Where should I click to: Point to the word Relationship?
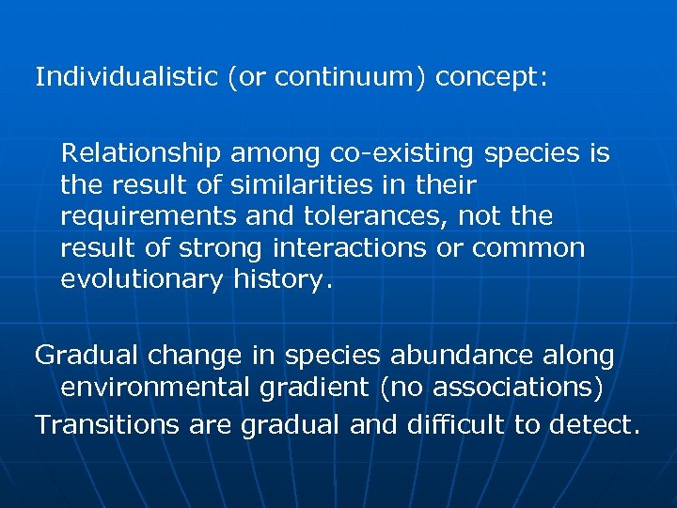[141, 152]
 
